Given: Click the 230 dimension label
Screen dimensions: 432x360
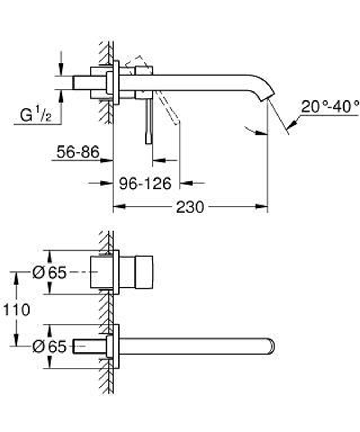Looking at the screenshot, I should [190, 207].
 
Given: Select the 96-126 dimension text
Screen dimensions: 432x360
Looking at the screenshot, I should [145, 184].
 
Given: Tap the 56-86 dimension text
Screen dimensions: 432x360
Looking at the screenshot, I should [78, 153].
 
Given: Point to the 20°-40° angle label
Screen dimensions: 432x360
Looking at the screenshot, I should [330, 107].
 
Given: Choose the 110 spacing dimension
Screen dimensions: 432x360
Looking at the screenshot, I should [15, 309].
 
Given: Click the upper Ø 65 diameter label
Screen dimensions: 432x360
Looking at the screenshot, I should [49, 273].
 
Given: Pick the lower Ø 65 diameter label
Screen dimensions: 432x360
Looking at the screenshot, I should [49, 347].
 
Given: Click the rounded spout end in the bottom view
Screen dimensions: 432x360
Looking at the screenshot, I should [271, 346].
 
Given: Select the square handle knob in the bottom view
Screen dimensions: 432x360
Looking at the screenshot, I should [144, 273].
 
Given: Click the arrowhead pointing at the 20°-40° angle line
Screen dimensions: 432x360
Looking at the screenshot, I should [292, 124].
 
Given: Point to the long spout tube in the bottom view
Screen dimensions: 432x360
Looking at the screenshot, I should [194, 346].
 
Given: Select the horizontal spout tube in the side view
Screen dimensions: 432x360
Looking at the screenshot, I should [202, 83].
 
